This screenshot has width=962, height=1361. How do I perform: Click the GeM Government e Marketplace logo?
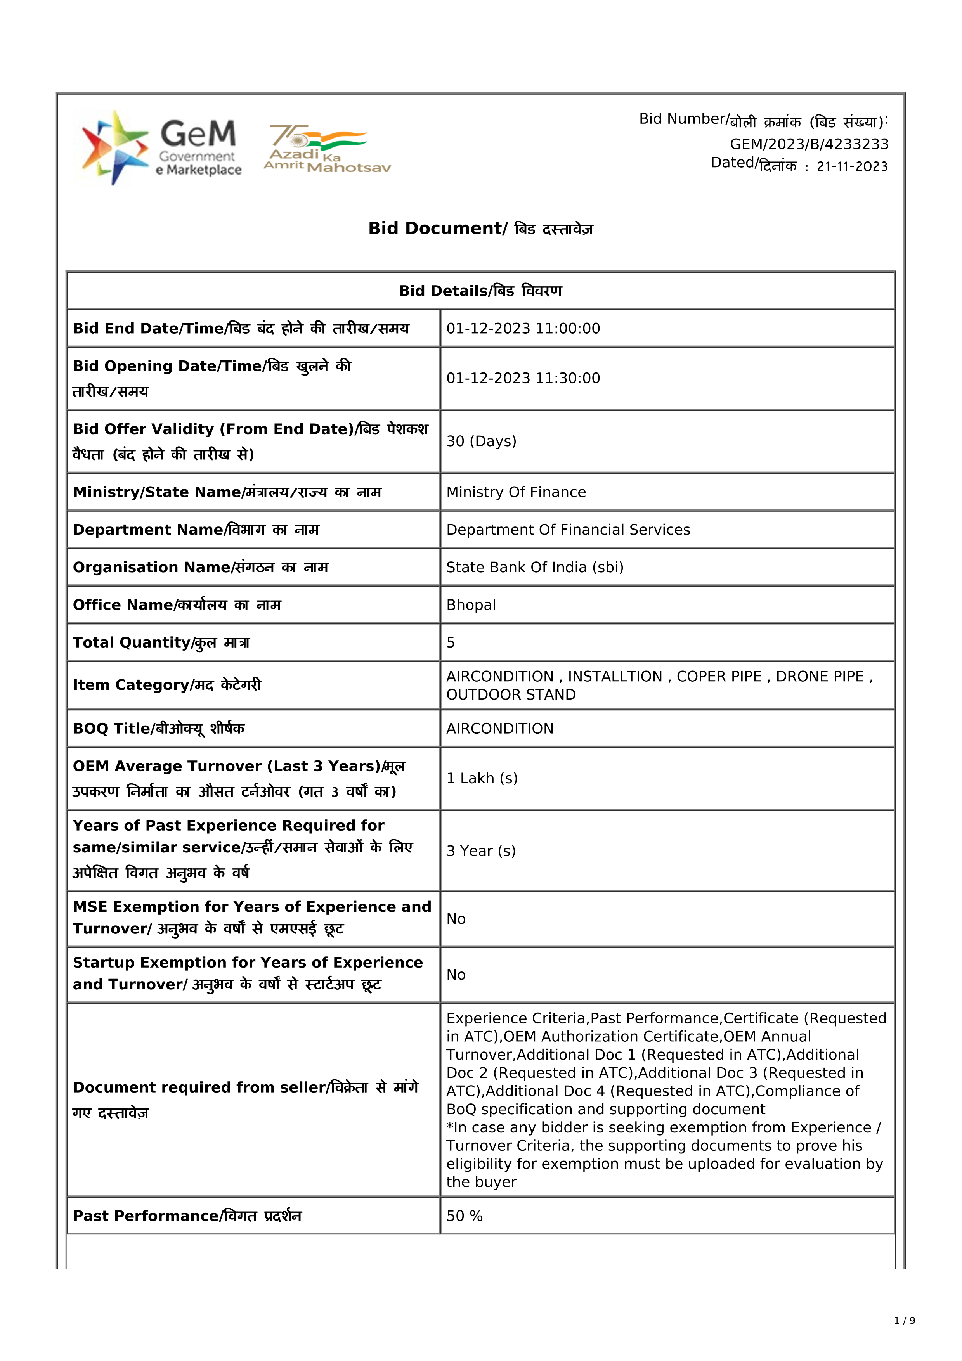161,147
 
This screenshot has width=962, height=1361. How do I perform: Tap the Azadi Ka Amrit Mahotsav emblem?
327,149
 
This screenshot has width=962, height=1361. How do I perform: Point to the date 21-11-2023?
852,166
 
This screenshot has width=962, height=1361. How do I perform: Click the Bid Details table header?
480,291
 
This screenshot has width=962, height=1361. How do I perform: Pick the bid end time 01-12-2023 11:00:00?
523,328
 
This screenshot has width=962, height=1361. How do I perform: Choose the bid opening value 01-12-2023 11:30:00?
523,378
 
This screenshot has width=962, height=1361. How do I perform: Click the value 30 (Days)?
481,441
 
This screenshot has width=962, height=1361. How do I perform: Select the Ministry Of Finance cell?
516,492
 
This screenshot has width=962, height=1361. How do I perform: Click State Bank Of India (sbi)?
535,567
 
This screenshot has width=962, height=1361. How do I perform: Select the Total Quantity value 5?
451,642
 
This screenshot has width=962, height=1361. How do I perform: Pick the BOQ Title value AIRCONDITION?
500,729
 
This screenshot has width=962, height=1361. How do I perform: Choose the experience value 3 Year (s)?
481,851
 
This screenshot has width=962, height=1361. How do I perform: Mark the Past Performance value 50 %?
464,1216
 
